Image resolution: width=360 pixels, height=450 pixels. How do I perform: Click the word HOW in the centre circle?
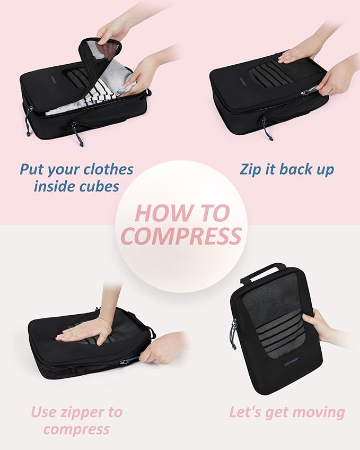click(157, 213)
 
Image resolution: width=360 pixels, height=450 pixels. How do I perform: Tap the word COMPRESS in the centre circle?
click(181, 236)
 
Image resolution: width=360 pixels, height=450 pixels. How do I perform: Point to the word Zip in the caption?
click(250, 170)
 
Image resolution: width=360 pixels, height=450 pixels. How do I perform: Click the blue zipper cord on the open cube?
click(76, 134)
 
